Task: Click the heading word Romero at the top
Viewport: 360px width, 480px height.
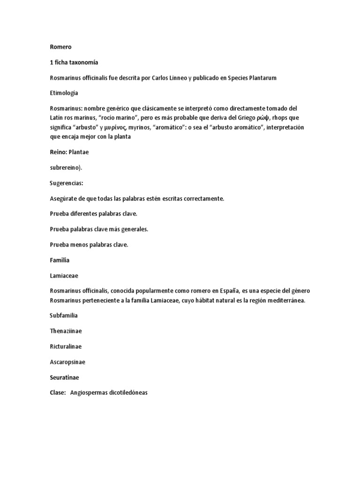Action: click(x=61, y=47)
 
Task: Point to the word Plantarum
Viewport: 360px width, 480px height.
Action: click(x=261, y=78)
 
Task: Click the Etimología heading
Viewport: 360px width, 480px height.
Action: click(x=66, y=93)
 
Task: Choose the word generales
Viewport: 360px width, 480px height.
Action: click(x=132, y=229)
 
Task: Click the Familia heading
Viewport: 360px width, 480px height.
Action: click(x=60, y=260)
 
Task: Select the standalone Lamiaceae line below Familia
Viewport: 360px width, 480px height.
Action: click(x=65, y=275)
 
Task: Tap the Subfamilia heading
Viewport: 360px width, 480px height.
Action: click(x=64, y=315)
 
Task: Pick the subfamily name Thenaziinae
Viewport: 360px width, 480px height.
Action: click(x=66, y=331)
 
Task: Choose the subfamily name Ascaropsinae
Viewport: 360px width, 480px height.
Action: click(x=67, y=362)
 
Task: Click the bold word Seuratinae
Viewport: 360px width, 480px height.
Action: click(x=65, y=377)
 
